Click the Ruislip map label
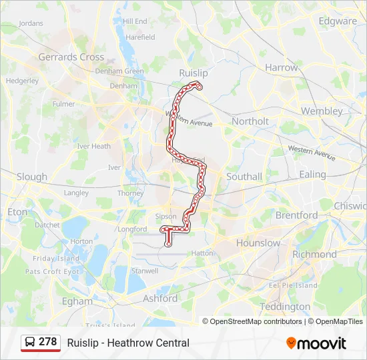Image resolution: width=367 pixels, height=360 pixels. point(194,73)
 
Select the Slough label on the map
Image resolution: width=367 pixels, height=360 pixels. point(32,177)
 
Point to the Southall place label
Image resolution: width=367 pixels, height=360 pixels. point(244,177)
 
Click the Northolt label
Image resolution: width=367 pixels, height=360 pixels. point(250,121)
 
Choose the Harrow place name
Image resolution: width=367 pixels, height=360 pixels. point(282,67)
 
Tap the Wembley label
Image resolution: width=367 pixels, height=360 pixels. point(322,111)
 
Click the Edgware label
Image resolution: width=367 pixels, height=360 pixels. point(338,21)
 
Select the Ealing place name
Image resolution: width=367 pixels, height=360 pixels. point(312,175)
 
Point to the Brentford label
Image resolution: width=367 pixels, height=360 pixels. point(297,215)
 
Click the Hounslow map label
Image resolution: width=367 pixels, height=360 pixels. point(258,243)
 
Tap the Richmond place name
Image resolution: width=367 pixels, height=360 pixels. point(314,255)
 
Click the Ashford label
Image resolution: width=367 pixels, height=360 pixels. point(160,299)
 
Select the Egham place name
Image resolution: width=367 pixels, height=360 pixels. point(77,301)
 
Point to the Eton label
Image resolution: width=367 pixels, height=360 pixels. point(18,212)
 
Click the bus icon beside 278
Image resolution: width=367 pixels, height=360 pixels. point(30,342)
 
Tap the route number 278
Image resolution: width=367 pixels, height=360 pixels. point(48,342)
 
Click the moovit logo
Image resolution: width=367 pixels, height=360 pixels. point(316,343)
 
